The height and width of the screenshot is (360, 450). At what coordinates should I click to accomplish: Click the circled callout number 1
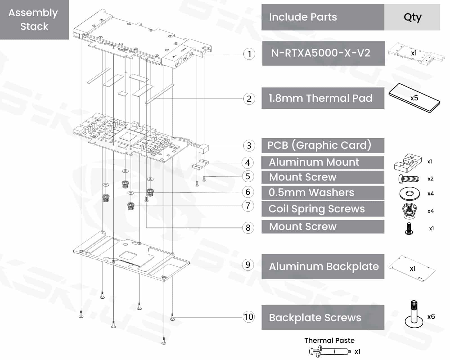(249, 54)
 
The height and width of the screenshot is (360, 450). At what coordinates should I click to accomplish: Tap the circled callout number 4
(247, 163)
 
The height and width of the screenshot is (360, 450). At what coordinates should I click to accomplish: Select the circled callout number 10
(248, 317)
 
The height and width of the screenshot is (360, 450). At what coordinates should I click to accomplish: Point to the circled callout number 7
(248, 206)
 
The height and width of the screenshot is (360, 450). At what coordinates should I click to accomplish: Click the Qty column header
(412, 17)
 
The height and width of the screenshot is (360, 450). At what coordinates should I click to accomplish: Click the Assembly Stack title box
(34, 20)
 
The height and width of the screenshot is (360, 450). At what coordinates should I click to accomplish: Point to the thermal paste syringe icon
(329, 352)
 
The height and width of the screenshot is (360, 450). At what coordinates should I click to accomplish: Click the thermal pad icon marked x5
(414, 98)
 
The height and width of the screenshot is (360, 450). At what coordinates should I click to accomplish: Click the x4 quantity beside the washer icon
(431, 193)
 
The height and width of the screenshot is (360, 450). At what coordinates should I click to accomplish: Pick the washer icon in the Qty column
(409, 193)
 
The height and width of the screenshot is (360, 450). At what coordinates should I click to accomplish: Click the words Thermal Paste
(329, 341)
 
